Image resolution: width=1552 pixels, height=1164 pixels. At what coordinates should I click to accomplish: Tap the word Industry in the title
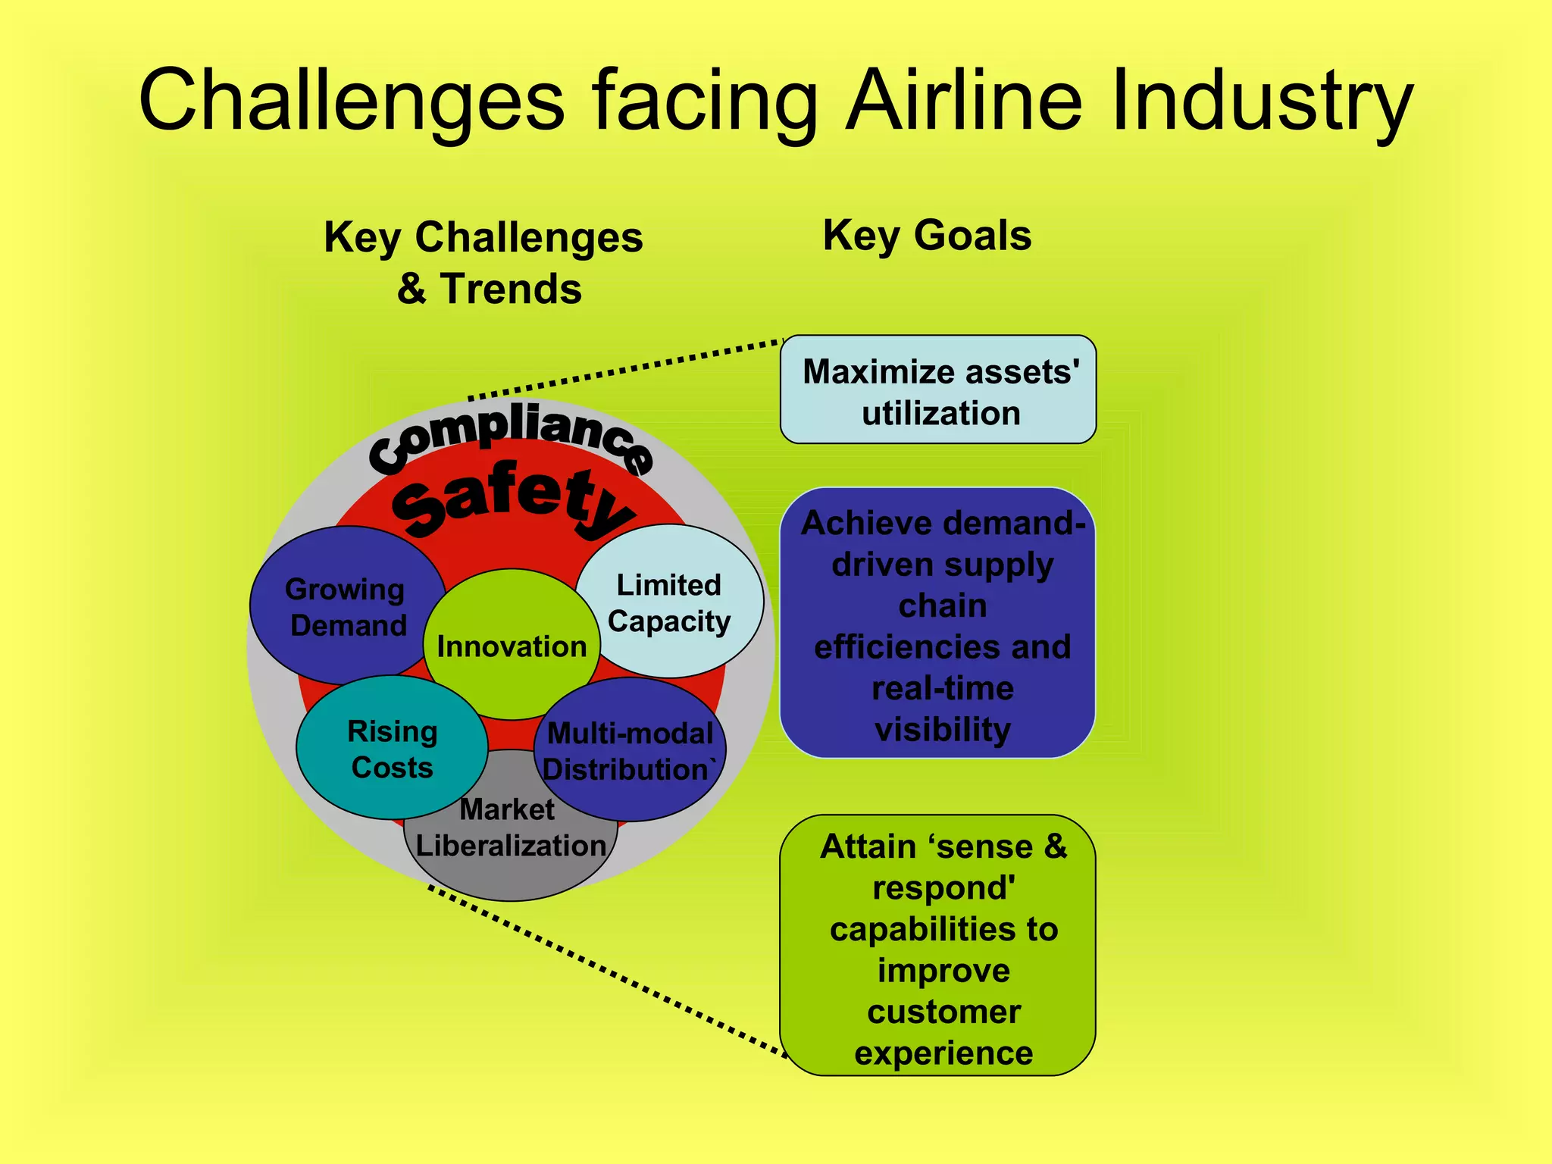(1261, 101)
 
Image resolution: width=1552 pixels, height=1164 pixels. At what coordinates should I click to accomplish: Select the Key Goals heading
(927, 235)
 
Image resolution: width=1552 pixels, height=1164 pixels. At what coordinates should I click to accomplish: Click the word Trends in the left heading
(511, 289)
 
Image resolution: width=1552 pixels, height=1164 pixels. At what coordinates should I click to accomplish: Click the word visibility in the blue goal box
(942, 729)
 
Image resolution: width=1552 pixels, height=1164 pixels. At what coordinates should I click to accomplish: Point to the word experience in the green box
(943, 1053)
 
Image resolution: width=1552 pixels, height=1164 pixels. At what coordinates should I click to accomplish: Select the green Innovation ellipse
(512, 646)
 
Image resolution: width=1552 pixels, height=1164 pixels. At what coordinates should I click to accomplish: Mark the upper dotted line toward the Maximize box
(629, 370)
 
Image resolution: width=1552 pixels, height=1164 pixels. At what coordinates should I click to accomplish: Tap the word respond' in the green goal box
(943, 888)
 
